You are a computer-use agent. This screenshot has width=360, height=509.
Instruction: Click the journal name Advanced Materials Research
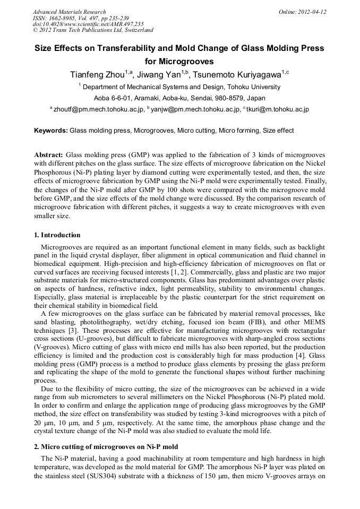(69, 12)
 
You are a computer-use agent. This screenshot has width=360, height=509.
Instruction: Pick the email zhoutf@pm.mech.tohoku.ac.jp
(98, 109)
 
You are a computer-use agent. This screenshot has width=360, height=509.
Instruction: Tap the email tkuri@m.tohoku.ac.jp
(278, 109)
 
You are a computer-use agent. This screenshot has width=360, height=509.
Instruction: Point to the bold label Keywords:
(51, 131)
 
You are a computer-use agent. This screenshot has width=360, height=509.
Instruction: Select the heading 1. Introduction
(57, 235)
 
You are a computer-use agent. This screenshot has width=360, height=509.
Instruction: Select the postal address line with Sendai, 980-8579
(179, 98)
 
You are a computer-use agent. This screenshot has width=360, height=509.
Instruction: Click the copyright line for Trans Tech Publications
(93, 30)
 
